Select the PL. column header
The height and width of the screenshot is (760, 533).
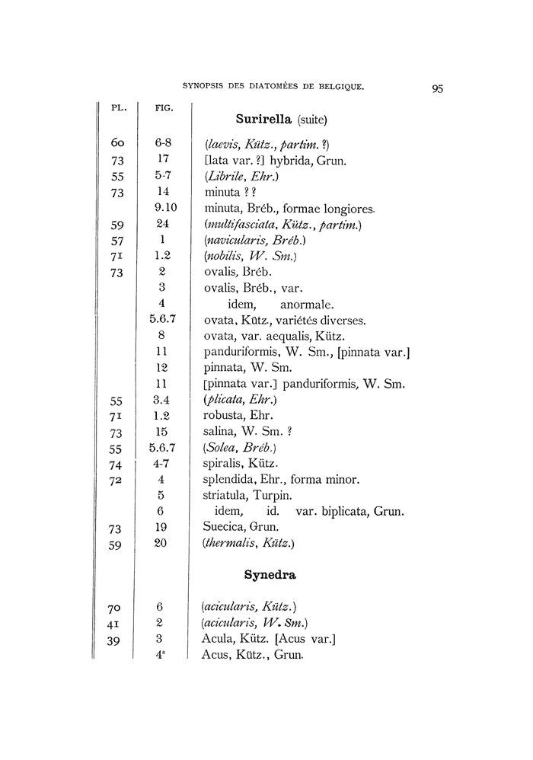click(x=119, y=108)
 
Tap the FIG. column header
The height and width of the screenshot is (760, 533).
click(x=163, y=108)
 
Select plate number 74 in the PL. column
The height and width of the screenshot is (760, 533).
click(x=116, y=464)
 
